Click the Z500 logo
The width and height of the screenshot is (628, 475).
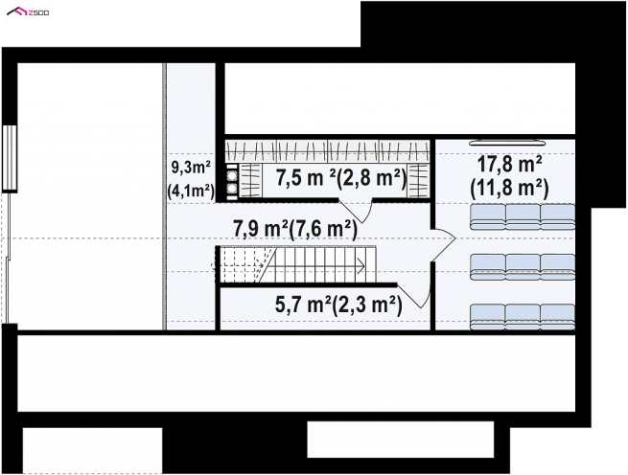pos(28,12)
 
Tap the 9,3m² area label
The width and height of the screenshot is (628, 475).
pos(191,168)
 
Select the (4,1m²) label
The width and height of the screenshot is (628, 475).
pos(190,192)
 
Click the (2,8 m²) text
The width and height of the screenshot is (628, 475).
pos(371,178)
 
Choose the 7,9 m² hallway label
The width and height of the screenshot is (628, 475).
pos(261,229)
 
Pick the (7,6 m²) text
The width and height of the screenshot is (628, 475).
pos(323,230)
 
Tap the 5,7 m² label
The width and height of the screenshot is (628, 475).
pos(303,305)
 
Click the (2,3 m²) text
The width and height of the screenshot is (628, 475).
pos(367,305)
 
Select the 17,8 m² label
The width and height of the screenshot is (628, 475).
pos(509,164)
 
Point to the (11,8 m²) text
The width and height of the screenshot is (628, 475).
pos(509,188)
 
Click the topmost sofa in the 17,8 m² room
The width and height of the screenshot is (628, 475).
pos(523,217)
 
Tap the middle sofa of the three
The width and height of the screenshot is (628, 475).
pos(523,267)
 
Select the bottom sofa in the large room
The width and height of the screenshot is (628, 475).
pos(523,317)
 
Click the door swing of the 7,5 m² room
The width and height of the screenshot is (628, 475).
pos(357,211)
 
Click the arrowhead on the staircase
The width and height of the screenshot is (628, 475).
pos(361,265)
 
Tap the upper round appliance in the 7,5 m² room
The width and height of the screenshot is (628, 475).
pos(231,174)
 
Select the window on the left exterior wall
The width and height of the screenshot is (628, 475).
pos(10,158)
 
